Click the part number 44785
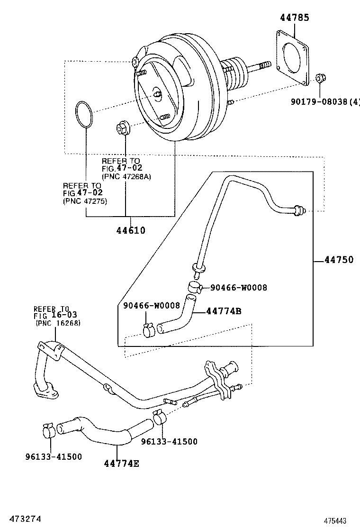coord(295,18)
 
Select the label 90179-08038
coord(319,101)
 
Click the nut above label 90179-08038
coord(320,79)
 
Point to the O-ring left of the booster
coord(85,114)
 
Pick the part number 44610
coord(131,230)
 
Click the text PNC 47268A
coord(126,176)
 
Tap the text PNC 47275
coord(85,201)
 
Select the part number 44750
coord(339,259)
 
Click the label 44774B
coord(224,311)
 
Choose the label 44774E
coord(122,463)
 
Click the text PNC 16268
coord(58,323)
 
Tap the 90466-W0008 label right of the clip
coord(239,287)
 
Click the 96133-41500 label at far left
coord(54,456)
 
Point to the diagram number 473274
coord(21,519)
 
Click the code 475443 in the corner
coord(335,520)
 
